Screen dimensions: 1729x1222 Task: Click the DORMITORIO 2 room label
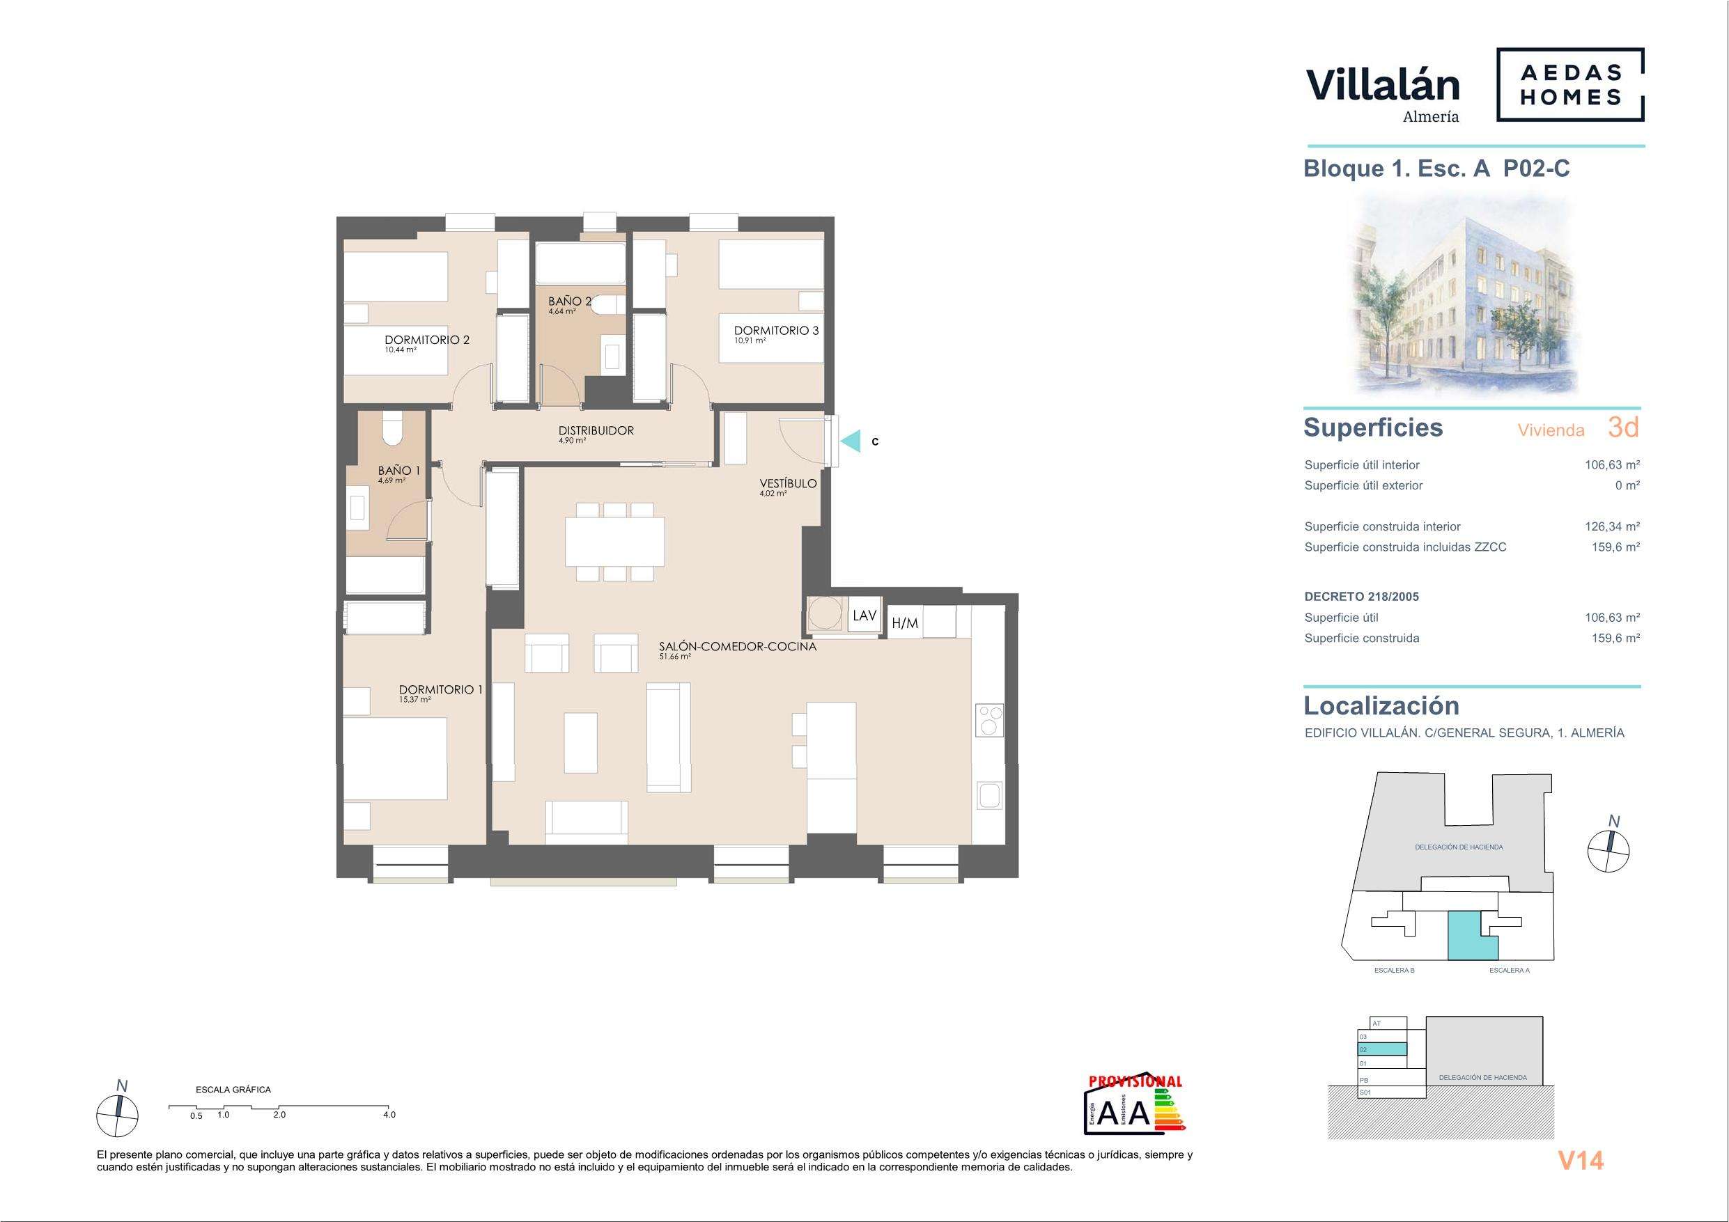(x=427, y=340)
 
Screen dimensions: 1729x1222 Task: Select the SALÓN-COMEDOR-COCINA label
(x=737, y=646)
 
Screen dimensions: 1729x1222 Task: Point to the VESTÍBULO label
(x=789, y=483)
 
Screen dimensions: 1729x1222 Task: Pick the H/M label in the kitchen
(x=904, y=623)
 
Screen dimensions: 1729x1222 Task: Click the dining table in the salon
(x=615, y=541)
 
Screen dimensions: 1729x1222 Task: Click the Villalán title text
(x=1382, y=85)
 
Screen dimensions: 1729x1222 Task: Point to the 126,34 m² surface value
(x=1612, y=527)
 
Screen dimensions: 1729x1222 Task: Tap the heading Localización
(x=1381, y=705)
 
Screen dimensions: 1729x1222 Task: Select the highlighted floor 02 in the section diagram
(x=1382, y=1049)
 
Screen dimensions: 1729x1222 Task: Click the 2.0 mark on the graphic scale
(x=279, y=1115)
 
